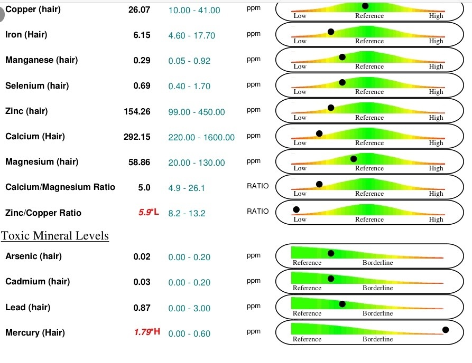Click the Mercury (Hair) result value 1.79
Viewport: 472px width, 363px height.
tap(142, 333)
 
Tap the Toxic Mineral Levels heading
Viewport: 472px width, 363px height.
tap(55, 235)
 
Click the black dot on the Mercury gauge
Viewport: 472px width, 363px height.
tap(446, 330)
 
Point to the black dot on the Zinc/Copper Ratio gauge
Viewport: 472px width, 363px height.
tap(297, 209)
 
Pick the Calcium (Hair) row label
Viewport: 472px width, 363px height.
tap(35, 137)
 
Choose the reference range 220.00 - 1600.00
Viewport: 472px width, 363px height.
tap(201, 137)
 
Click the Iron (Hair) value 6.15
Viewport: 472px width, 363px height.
tap(142, 35)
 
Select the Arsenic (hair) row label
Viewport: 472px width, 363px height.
tap(33, 256)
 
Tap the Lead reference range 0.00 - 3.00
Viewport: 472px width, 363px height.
tap(189, 308)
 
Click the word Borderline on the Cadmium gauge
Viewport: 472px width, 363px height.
tap(377, 288)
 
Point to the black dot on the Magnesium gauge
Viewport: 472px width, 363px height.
tap(354, 158)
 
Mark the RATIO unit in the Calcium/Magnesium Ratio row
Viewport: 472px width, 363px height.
tap(257, 186)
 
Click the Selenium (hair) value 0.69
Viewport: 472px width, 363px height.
tap(142, 86)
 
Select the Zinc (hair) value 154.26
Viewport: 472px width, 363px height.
tap(137, 111)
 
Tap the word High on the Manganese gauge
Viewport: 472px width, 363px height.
tap(436, 66)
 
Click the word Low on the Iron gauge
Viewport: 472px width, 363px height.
tap(300, 41)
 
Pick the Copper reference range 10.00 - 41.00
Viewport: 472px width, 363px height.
tap(194, 10)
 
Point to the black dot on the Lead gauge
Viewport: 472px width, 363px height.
tap(342, 304)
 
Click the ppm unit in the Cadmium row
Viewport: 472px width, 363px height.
tap(254, 281)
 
